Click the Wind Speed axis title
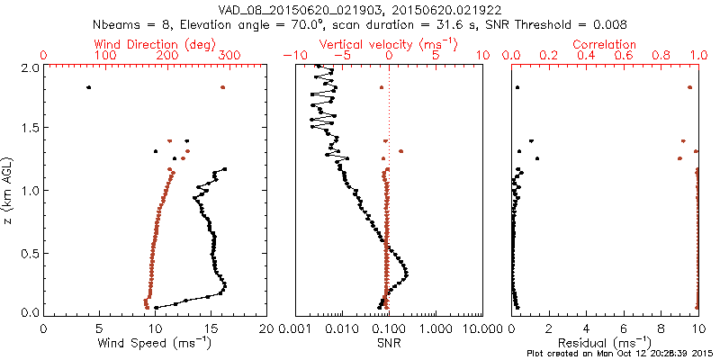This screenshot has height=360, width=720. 155,344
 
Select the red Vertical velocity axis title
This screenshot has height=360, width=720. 388,44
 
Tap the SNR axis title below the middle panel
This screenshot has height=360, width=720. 388,344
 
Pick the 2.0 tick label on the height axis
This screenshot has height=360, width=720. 27,67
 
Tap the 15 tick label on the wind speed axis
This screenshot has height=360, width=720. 211,328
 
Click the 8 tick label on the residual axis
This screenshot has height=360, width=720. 661,328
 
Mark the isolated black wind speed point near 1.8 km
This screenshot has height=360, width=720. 88,87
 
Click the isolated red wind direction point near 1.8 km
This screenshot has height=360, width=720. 222,87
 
